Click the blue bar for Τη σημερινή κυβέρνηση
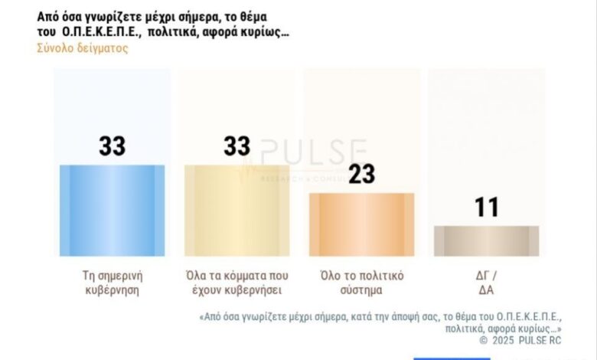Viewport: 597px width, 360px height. point(112,210)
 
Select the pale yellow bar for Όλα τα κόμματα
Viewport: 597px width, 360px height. point(237,210)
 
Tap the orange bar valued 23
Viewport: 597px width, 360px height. point(361,224)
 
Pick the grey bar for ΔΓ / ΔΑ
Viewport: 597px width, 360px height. point(486,241)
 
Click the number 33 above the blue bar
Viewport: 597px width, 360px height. point(112,146)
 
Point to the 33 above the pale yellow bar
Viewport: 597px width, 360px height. point(237,146)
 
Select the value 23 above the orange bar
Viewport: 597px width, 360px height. point(361,175)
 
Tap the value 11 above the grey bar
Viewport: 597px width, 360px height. point(486,207)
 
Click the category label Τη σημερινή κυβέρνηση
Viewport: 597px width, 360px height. point(112,282)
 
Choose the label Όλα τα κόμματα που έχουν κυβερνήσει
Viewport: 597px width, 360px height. point(237,282)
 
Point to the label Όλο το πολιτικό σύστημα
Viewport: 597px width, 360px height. point(360,282)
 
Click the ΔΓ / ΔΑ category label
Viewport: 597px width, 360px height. point(486,282)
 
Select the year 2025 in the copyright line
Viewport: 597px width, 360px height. point(506,339)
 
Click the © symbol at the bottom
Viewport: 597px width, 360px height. point(484,339)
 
